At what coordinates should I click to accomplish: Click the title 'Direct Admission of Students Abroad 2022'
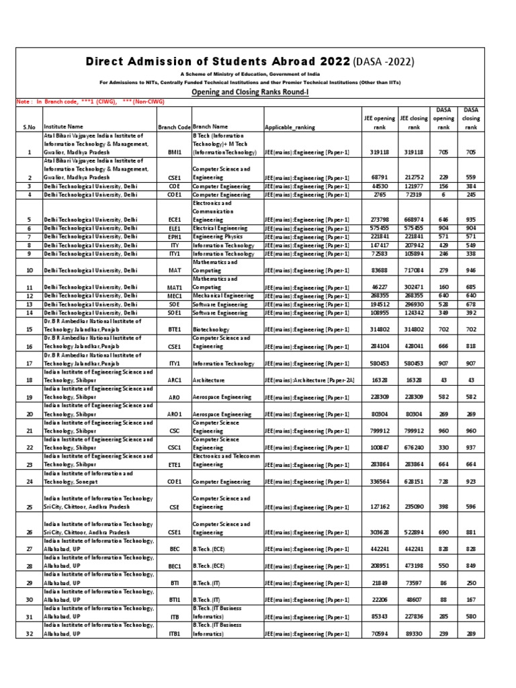point(218,62)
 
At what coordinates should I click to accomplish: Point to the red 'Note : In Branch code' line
point(90,101)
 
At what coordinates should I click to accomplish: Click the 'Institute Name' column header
point(64,126)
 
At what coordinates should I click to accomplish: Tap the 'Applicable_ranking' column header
point(291,126)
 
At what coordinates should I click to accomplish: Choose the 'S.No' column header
point(29,126)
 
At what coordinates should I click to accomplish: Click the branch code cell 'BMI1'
point(175,153)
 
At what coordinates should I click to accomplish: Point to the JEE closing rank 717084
point(412,271)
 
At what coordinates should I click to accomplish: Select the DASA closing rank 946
point(471,271)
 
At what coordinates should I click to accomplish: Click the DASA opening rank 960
point(443,431)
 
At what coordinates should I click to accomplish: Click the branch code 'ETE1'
point(175,464)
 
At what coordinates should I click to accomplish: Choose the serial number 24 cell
point(29,481)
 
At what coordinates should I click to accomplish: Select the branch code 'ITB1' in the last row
point(175,634)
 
